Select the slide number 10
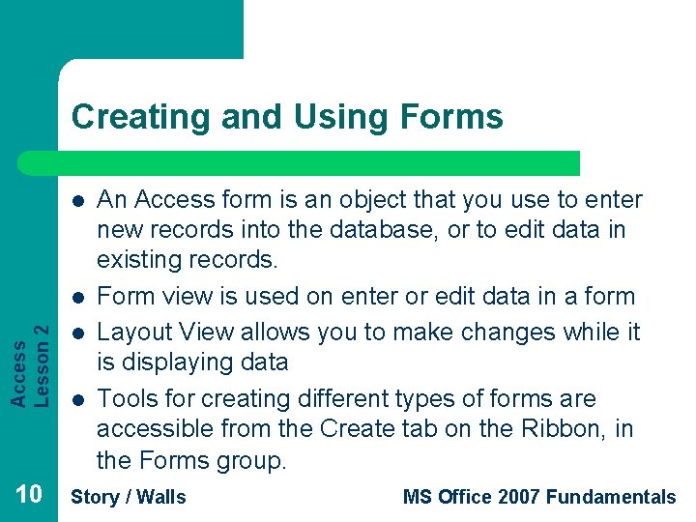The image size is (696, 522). pos(29,496)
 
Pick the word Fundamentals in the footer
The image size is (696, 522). pos(611,498)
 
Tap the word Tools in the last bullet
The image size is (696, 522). pos(127,398)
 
